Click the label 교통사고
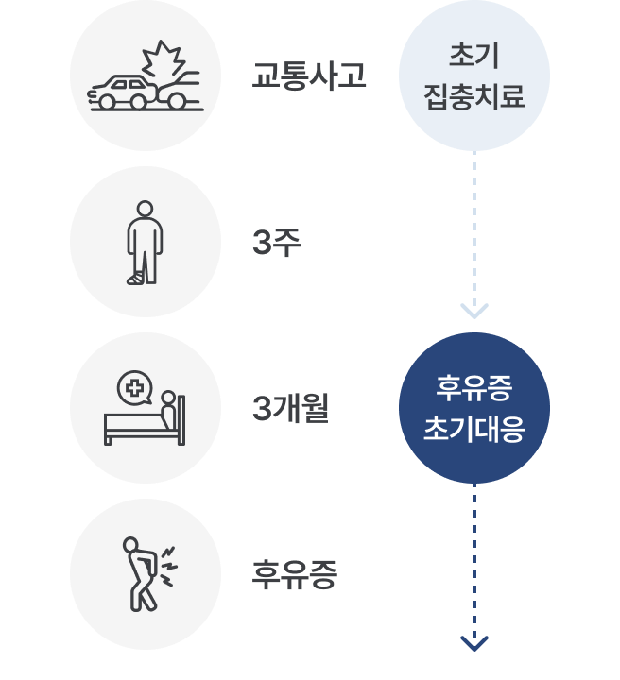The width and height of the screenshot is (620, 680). tap(309, 76)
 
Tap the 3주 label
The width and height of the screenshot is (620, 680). tap(277, 244)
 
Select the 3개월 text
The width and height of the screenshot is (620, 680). tap(291, 410)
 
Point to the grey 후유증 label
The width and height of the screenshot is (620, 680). tap(294, 575)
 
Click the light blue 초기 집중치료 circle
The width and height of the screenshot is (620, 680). tap(474, 76)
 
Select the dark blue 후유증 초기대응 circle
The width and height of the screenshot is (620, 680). tap(474, 408)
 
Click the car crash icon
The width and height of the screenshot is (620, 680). tap(146, 77)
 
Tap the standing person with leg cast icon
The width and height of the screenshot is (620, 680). tap(146, 243)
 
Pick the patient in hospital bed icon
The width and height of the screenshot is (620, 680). tap(146, 409)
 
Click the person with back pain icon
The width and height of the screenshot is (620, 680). tap(146, 574)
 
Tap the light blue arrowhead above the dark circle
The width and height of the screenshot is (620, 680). tap(474, 311)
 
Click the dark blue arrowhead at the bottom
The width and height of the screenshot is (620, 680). tap(474, 642)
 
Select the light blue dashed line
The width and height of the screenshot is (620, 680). tap(474, 227)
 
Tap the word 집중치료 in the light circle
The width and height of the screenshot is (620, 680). tap(474, 96)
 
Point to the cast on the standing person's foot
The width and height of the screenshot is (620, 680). tap(135, 277)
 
